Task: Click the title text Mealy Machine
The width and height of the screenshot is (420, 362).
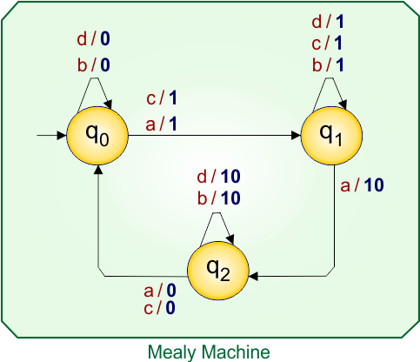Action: (x=209, y=352)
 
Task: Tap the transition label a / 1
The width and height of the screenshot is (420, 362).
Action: (x=162, y=124)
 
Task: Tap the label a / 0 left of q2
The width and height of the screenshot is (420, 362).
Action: (x=159, y=292)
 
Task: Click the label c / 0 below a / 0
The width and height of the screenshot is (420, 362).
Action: (x=159, y=307)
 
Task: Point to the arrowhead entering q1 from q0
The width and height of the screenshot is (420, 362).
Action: (x=295, y=136)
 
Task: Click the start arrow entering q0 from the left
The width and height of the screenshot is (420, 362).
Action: (x=50, y=136)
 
